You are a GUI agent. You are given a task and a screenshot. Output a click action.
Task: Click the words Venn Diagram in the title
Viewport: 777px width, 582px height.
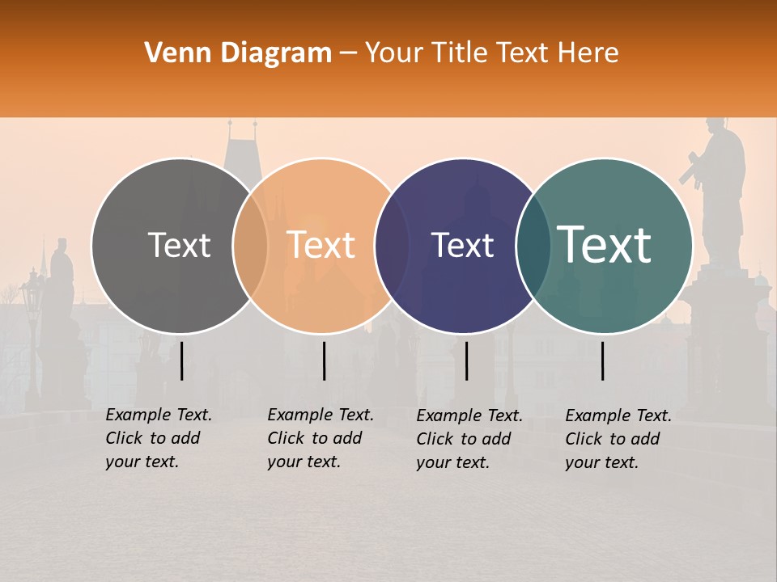point(238,53)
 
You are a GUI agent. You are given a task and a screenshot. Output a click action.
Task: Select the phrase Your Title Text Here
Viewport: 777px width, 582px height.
point(491,53)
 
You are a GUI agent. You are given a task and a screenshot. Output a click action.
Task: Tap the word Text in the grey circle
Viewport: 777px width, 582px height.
point(179,245)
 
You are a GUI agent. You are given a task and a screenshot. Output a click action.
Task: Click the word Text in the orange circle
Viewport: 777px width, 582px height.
point(321,245)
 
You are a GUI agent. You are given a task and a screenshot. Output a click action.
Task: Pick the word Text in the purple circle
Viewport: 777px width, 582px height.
point(462,246)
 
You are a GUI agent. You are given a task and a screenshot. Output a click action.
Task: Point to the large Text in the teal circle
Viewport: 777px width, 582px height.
point(605,245)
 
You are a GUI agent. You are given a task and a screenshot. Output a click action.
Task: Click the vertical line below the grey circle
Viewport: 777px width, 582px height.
point(181,361)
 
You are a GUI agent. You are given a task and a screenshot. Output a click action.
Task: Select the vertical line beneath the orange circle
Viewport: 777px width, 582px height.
point(324,361)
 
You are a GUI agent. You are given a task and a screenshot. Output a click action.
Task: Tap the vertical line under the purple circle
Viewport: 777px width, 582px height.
point(466,361)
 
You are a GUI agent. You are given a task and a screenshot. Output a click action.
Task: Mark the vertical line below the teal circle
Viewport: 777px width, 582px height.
point(602,361)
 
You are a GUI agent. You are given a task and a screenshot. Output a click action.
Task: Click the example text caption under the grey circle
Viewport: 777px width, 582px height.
point(159,438)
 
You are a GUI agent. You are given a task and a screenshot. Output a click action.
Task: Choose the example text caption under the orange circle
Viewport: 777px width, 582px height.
point(321,438)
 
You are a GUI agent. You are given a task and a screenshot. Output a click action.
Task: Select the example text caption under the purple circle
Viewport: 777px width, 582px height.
point(469,439)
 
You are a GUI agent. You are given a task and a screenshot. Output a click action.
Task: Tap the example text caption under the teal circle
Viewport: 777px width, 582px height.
point(618,439)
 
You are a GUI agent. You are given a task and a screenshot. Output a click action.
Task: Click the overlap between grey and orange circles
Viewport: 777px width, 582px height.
point(250,246)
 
